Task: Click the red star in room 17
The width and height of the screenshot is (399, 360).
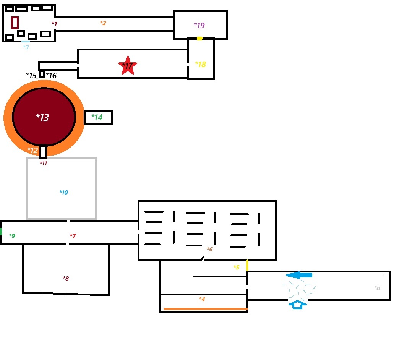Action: (127, 66)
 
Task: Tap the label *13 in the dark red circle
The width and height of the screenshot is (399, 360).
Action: (42, 117)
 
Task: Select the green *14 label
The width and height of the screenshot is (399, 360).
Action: (97, 117)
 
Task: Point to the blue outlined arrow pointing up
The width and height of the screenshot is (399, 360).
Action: (297, 305)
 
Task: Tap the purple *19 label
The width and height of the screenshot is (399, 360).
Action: (199, 26)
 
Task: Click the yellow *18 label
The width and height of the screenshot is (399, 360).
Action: (200, 65)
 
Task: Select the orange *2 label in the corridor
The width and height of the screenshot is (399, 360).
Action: (103, 23)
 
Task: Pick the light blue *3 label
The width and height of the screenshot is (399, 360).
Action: (26, 47)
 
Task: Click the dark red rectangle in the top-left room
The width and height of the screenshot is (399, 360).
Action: (15, 23)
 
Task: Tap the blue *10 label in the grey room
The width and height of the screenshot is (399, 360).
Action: (64, 192)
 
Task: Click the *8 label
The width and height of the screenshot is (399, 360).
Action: (66, 278)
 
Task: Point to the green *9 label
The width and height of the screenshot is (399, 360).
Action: (12, 236)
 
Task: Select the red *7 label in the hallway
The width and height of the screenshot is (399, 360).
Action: (73, 236)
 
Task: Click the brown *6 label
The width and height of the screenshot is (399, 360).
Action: (209, 250)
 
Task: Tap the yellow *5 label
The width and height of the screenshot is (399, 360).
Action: (236, 267)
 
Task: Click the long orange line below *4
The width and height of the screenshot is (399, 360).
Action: (205, 309)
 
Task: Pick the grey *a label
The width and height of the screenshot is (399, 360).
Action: (377, 288)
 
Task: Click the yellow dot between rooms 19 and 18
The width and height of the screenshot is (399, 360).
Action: (199, 38)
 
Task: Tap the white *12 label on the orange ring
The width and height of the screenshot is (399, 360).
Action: (32, 151)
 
